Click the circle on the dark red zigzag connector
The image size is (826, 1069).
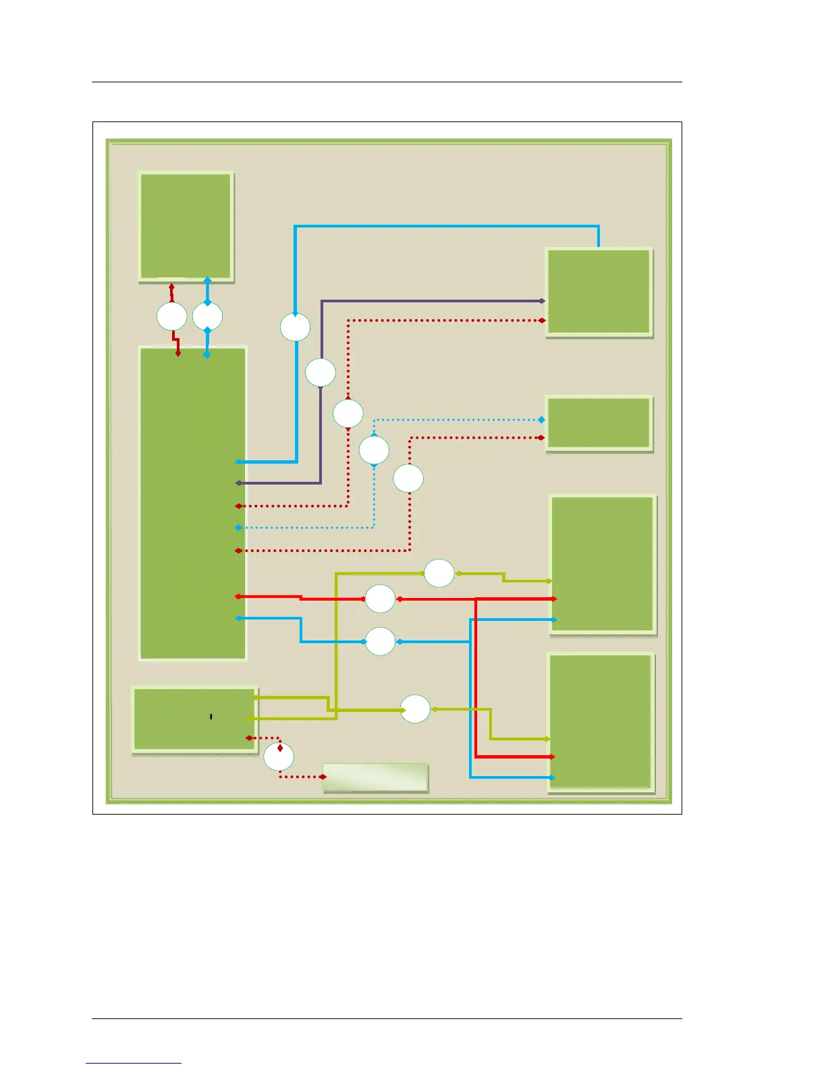tap(171, 317)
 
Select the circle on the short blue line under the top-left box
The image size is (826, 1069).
tap(207, 317)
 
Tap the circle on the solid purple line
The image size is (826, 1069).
tap(320, 372)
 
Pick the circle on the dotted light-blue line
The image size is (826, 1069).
tap(374, 450)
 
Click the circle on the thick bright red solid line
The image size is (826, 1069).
tap(380, 599)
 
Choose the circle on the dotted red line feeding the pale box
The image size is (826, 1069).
tap(279, 757)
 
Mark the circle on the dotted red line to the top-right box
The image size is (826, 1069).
tap(348, 413)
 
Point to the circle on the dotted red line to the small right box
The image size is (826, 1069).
tap(408, 478)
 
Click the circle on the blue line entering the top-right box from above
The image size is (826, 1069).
tap(295, 327)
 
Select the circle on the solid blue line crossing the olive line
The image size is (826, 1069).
tap(380, 641)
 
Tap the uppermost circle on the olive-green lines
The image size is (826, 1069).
tap(439, 574)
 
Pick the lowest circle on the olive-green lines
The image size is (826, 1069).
tap(415, 709)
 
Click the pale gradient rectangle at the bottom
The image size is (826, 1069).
tap(375, 777)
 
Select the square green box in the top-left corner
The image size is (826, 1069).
tap(186, 225)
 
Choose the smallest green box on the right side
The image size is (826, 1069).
tap(599, 422)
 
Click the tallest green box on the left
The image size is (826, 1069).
tap(192, 503)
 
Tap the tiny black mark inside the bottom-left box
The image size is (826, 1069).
tap(211, 716)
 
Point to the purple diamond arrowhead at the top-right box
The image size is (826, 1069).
tap(543, 301)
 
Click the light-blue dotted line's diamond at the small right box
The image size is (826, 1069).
tap(541, 420)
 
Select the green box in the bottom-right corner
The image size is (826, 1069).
tap(600, 721)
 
